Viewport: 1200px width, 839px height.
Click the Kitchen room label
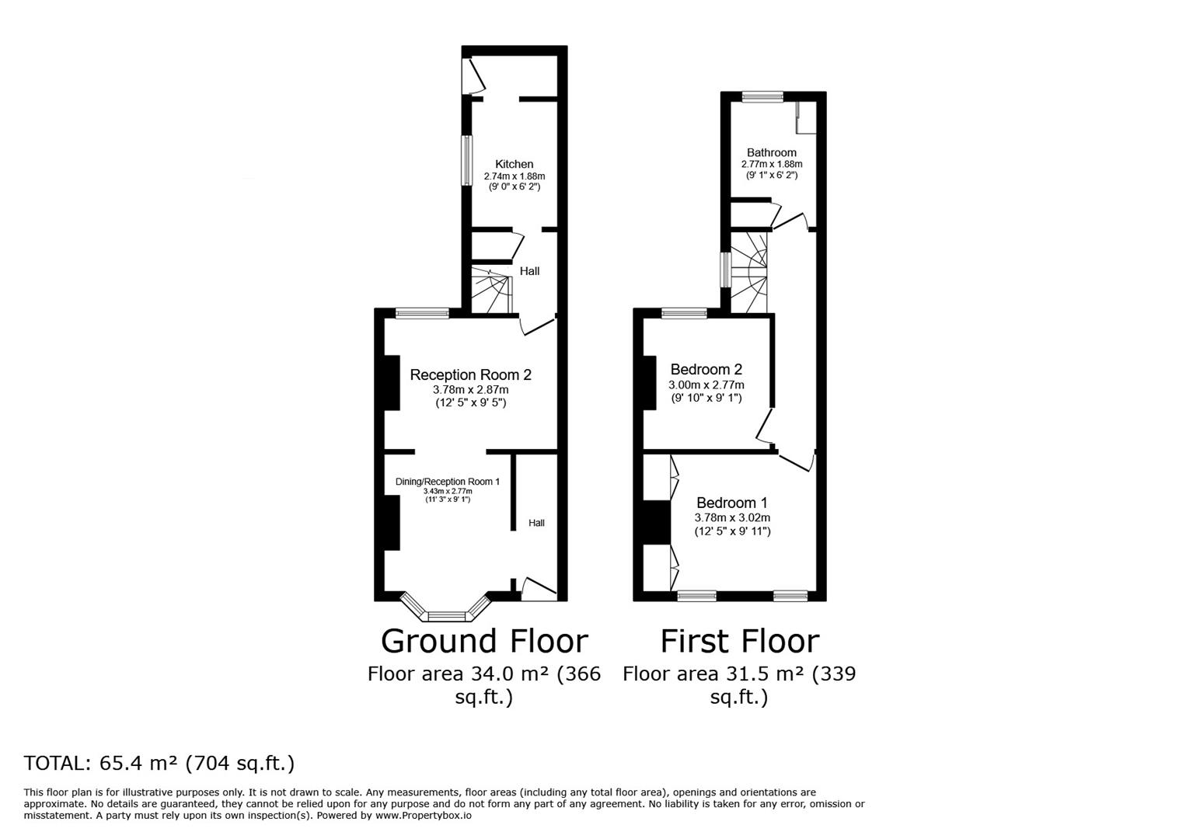click(514, 164)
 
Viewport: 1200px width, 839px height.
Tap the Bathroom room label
click(771, 152)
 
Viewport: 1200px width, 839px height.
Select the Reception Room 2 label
click(470, 374)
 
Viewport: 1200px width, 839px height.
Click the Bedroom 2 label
click(706, 370)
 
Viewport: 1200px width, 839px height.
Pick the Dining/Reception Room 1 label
click(447, 482)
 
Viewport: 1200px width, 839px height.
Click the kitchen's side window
click(466, 161)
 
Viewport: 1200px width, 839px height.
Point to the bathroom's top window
click(762, 97)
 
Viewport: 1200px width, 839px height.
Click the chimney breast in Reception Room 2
click(392, 382)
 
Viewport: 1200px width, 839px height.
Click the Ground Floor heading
click(483, 641)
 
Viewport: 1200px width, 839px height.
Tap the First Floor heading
click(739, 641)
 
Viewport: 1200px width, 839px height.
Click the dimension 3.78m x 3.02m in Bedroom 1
click(732, 517)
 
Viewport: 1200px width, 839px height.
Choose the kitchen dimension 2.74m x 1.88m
click(514, 176)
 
